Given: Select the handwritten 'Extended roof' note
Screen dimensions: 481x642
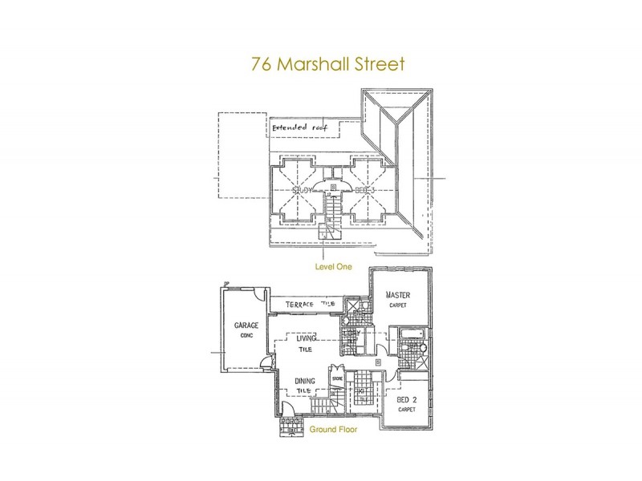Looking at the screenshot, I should pos(298,128).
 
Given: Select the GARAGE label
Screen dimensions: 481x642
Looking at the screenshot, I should pos(245,327).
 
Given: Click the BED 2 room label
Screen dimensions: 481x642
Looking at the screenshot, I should pos(407,398).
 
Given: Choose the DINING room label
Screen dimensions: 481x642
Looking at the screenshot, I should pos(305,381).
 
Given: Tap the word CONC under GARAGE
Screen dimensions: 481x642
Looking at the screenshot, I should pos(245,337).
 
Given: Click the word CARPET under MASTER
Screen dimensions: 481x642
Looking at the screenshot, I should pos(398,305).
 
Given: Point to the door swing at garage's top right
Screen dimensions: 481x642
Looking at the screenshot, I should pos(255,295).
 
